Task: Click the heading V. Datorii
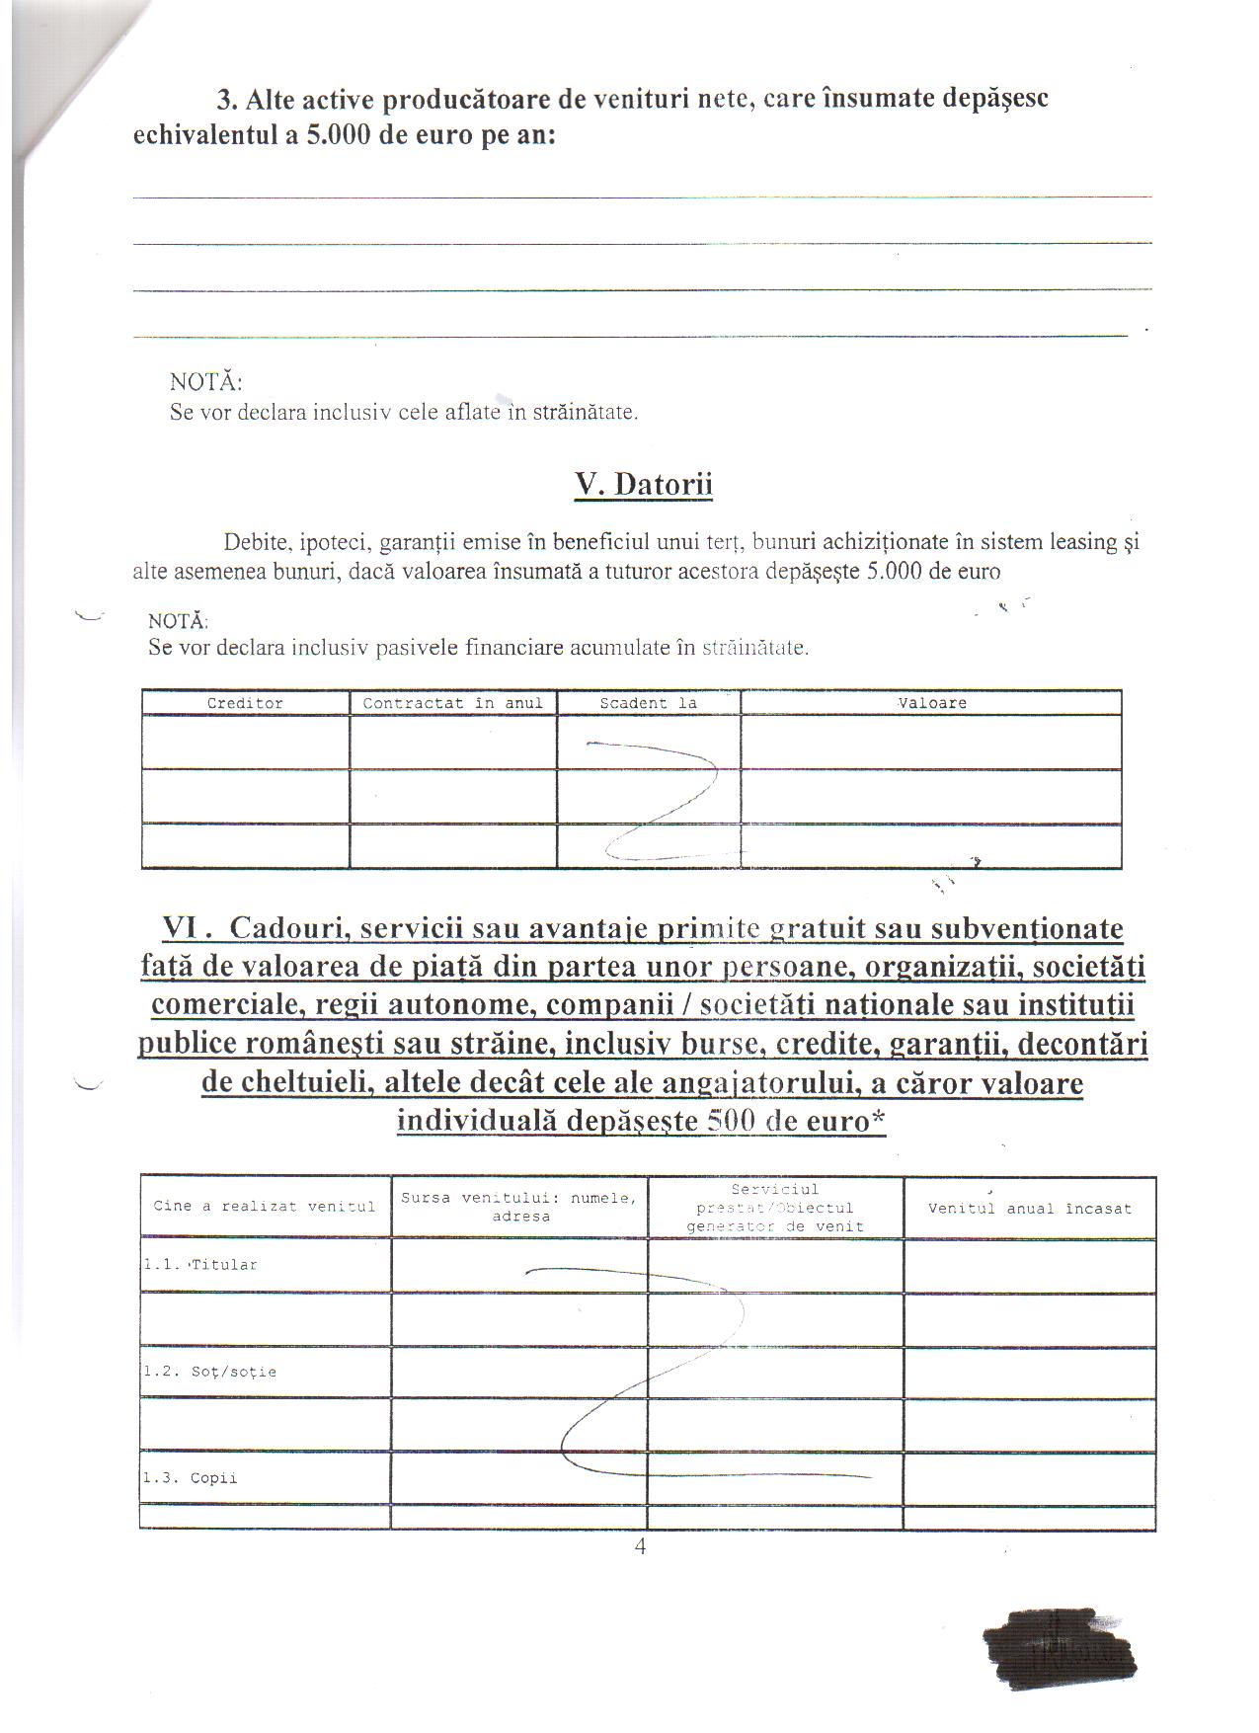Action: tap(643, 484)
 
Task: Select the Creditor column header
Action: tap(245, 703)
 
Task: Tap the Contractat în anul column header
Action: tap(452, 703)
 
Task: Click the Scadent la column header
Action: tap(648, 703)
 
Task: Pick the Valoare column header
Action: tap(931, 703)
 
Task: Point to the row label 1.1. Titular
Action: tap(200, 1265)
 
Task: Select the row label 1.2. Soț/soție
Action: tap(209, 1372)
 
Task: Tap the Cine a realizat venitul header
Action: tap(264, 1206)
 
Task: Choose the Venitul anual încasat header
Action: tap(1029, 1208)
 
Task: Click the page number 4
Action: tap(640, 1546)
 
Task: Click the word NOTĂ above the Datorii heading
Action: tap(205, 381)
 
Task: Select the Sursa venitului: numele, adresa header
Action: tap(519, 1207)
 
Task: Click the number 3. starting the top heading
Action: tap(228, 99)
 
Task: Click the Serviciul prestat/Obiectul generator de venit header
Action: tap(775, 1208)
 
